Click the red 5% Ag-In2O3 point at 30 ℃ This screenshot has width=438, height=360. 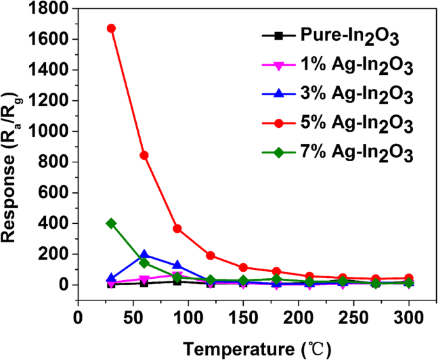pos(111,28)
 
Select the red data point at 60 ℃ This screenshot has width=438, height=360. pos(145,155)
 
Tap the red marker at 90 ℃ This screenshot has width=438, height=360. pos(177,228)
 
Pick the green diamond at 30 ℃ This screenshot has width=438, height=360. pos(111,223)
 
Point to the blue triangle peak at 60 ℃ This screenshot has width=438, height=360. pos(145,255)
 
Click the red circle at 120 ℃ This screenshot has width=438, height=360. pos(210,255)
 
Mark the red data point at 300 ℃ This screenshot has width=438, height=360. pos(409,278)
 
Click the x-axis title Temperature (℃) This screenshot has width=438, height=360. pos(256,348)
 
